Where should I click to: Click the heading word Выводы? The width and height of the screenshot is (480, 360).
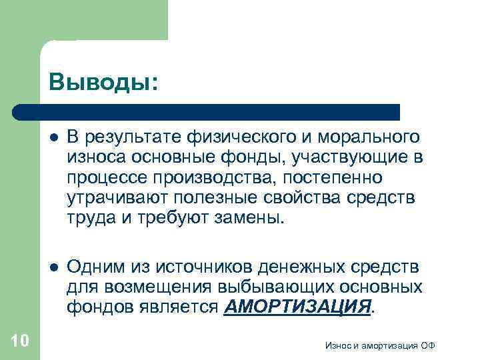coord(103,83)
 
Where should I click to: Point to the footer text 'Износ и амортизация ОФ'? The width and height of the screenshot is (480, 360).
coord(379,345)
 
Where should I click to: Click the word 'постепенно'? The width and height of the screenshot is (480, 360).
coord(335,178)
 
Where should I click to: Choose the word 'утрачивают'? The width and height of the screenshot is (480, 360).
coord(118,198)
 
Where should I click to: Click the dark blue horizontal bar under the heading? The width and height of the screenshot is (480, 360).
coord(207,111)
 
